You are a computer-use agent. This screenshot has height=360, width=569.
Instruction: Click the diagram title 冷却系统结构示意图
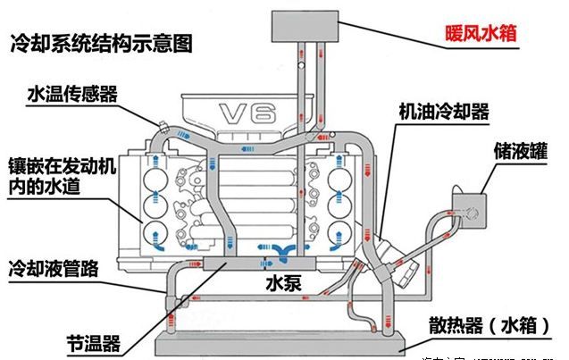pos(102,42)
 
